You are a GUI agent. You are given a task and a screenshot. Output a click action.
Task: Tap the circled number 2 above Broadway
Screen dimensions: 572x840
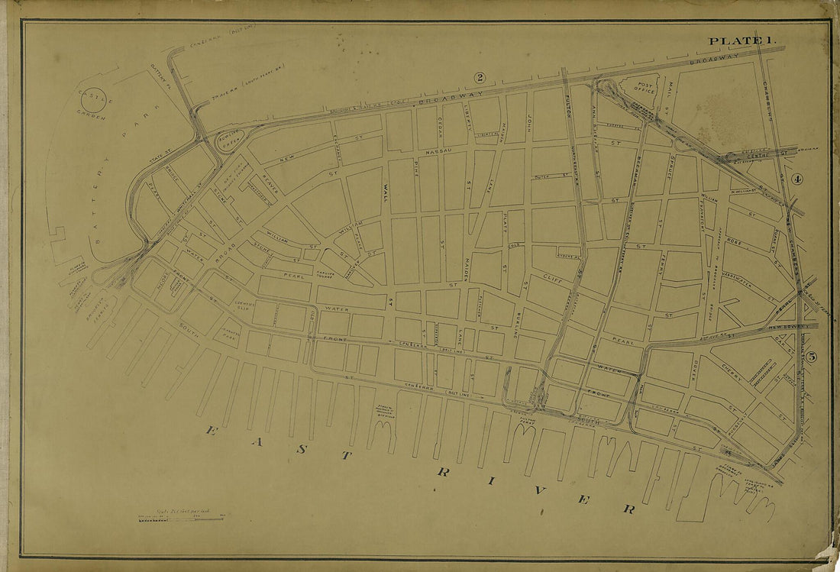click(x=480, y=77)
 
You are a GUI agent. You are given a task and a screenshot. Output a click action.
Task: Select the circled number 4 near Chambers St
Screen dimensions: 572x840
click(x=797, y=180)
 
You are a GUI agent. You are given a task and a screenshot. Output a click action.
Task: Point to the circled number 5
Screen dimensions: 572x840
click(x=812, y=356)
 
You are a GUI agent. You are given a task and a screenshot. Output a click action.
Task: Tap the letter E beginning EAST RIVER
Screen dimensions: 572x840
click(x=211, y=431)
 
